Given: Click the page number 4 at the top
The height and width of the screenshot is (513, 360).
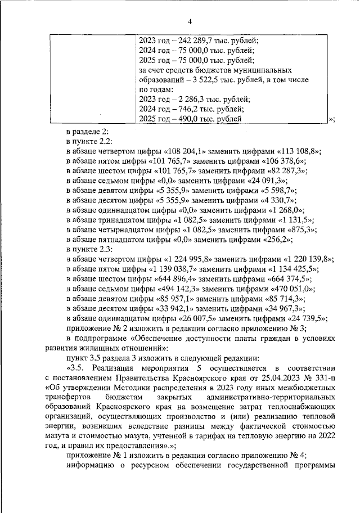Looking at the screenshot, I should click(190, 21).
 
